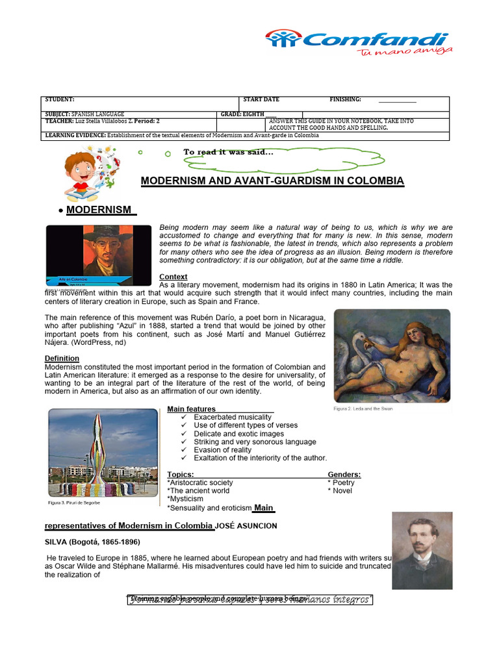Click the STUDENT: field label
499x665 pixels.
pyautogui.click(x=60, y=99)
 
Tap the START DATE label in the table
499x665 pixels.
pyautogui.click(x=261, y=99)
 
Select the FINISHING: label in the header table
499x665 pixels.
pyautogui.click(x=346, y=99)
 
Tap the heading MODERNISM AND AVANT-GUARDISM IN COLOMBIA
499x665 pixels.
pyautogui.click(x=272, y=181)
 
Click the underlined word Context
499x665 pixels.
pyautogui.click(x=173, y=277)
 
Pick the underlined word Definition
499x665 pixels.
pyautogui.click(x=62, y=358)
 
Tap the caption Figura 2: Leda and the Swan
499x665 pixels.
pyautogui.click(x=363, y=409)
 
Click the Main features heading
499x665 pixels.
pyautogui.click(x=192, y=409)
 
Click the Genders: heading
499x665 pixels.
pyautogui.click(x=344, y=475)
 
